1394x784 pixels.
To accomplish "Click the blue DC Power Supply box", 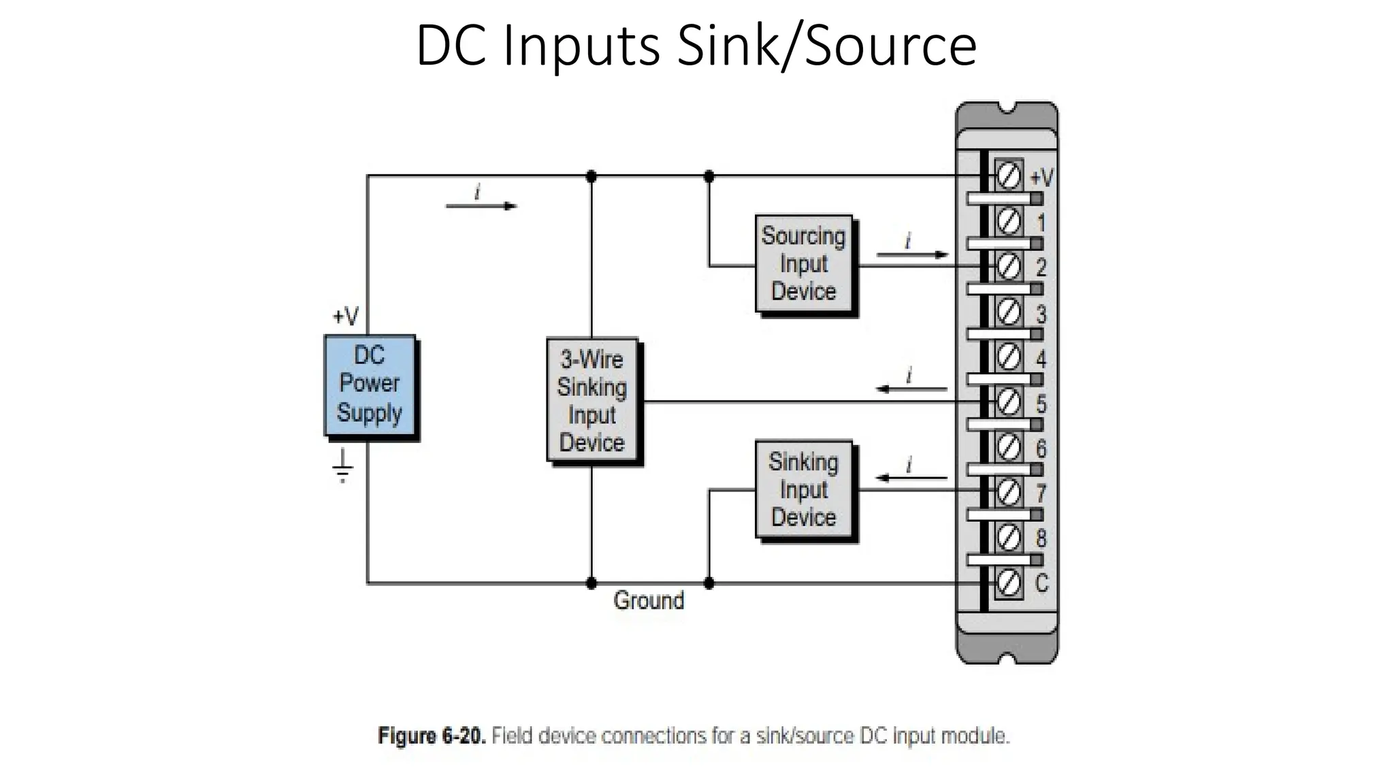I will (x=370, y=385).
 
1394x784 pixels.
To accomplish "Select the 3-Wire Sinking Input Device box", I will (x=592, y=400).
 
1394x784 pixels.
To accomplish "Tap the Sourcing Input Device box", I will (x=804, y=264).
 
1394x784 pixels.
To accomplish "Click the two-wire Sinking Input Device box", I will (x=804, y=489).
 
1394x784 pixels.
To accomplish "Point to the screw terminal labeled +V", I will (x=1009, y=176).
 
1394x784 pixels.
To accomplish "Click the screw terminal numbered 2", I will (x=1009, y=266).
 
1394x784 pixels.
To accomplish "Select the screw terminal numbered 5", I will (x=1009, y=402).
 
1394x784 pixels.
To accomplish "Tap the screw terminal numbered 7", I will (x=1009, y=491).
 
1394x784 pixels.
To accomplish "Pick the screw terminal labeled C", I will (x=1009, y=583).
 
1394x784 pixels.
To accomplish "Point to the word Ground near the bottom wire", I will (x=648, y=601).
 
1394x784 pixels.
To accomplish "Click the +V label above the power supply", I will (x=346, y=316).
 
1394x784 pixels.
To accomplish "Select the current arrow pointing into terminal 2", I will (x=912, y=255).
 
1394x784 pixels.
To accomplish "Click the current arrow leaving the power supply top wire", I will (x=481, y=206).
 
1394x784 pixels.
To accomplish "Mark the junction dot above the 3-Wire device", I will (x=591, y=177).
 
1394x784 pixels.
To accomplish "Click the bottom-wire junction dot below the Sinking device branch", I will (x=709, y=583).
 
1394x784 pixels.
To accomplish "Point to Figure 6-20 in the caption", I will (x=432, y=736).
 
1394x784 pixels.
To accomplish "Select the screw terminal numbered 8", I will (x=1009, y=538).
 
